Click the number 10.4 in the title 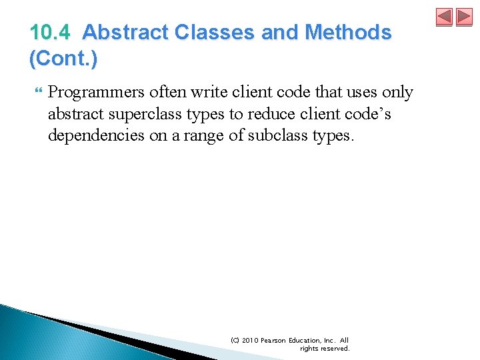[x=51, y=33]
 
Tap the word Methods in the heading [x=348, y=33]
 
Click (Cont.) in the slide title [x=63, y=59]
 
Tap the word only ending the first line [x=398, y=93]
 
